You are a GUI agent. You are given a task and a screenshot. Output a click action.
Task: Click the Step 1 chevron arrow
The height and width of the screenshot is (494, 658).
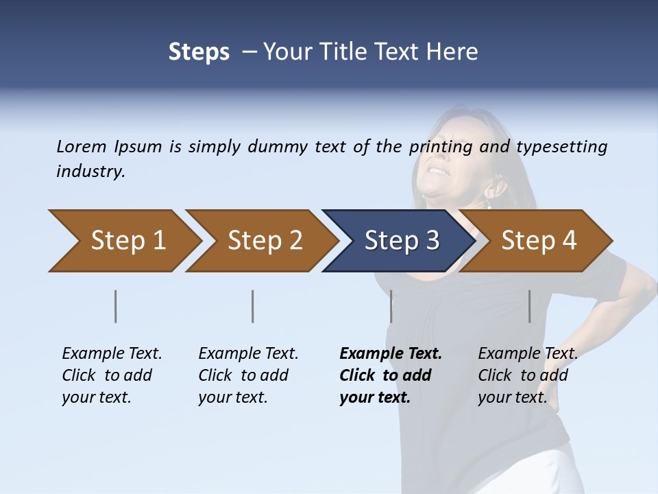point(123,241)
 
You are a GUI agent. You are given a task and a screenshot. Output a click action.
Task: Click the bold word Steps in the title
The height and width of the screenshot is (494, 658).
point(199,52)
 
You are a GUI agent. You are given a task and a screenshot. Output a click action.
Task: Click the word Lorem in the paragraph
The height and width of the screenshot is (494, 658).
point(82,146)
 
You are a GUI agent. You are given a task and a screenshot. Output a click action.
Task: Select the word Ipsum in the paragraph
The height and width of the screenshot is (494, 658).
point(138,146)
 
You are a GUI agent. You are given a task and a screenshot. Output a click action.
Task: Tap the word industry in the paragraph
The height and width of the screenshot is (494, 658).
point(90,171)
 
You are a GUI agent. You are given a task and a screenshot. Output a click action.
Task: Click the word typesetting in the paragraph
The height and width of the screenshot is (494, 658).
point(561,146)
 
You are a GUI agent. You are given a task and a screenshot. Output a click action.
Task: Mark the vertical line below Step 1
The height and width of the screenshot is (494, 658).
point(116,306)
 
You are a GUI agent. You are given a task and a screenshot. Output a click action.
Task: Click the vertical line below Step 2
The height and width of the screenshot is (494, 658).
point(253,306)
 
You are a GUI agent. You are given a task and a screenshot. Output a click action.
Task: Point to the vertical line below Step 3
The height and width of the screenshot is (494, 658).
point(391,306)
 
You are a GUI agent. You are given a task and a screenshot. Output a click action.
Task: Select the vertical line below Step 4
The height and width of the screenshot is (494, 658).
point(530,306)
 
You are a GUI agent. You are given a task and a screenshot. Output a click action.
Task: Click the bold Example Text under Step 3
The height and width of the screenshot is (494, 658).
point(391,354)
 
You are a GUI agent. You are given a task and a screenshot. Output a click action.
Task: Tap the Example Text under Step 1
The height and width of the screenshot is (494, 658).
point(112,354)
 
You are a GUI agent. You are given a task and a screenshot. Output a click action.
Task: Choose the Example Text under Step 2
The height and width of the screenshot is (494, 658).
point(248,354)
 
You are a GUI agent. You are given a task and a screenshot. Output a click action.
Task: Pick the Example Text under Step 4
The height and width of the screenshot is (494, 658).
point(528,354)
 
